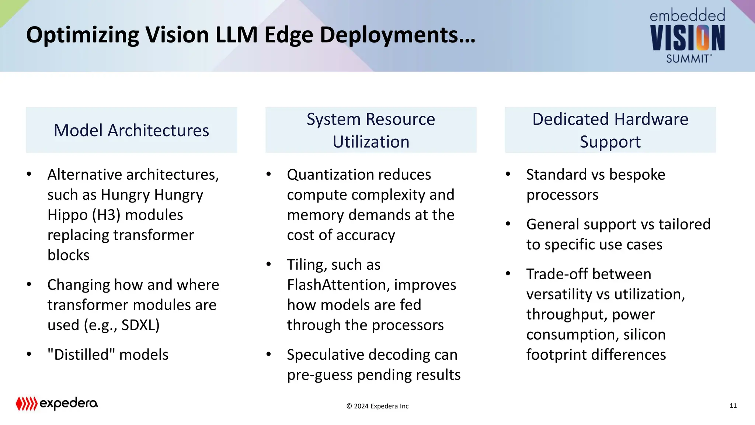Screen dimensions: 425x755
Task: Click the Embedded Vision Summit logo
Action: click(687, 36)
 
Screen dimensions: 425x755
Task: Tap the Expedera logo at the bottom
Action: click(57, 403)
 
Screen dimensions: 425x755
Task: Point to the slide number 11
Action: click(733, 406)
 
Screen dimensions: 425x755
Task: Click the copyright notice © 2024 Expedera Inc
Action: click(377, 406)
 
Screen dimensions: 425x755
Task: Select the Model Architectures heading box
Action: click(131, 130)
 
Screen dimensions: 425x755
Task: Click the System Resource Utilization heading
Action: click(371, 130)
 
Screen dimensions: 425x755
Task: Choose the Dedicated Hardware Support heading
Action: click(610, 130)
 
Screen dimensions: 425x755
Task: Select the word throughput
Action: click(566, 314)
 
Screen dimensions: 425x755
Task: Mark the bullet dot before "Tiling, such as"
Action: click(269, 264)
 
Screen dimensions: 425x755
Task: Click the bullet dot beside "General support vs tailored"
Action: click(508, 224)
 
